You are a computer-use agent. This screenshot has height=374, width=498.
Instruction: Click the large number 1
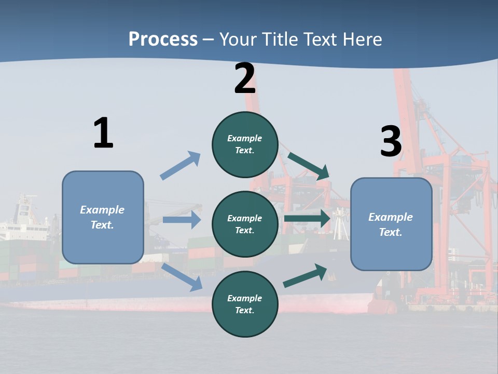pyautogui.click(x=103, y=133)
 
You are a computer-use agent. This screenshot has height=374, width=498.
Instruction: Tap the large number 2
pyautogui.click(x=245, y=78)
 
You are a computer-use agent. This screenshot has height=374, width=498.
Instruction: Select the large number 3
pyautogui.click(x=391, y=142)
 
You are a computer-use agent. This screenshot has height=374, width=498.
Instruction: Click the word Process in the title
pyautogui.click(x=163, y=39)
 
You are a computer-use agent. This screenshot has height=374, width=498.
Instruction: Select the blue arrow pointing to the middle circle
pyautogui.click(x=182, y=220)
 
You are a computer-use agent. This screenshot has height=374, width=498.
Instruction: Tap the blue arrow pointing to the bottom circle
pyautogui.click(x=183, y=276)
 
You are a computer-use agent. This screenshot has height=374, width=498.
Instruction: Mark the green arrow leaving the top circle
pyautogui.click(x=309, y=166)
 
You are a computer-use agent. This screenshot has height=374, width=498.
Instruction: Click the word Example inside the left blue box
pyautogui.click(x=102, y=210)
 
